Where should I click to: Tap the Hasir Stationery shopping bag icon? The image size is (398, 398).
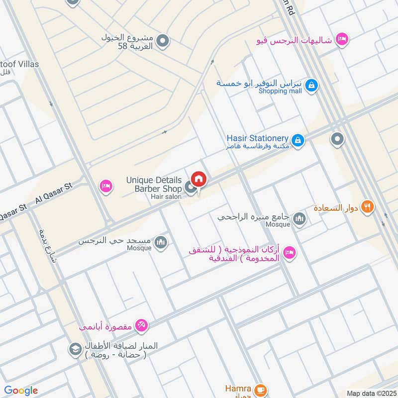pyautogui.click(x=298, y=141)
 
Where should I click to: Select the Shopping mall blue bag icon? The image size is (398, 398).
pyautogui.click(x=311, y=86)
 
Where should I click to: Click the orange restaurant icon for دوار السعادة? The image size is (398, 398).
pyautogui.click(x=367, y=206)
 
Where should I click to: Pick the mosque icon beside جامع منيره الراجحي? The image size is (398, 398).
pyautogui.click(x=299, y=219)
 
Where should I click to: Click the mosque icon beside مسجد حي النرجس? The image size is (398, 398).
pyautogui.click(x=161, y=242)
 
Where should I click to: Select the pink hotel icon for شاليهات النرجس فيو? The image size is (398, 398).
pyautogui.click(x=341, y=39)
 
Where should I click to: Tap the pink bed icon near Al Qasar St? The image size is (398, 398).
pyautogui.click(x=105, y=186)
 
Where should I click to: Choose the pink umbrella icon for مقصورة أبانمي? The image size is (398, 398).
pyautogui.click(x=141, y=325)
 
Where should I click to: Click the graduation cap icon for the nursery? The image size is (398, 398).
pyautogui.click(x=75, y=348)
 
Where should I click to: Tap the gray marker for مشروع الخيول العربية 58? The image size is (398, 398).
pyautogui.click(x=162, y=41)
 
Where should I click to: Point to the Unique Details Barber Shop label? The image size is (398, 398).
pyautogui.click(x=154, y=184)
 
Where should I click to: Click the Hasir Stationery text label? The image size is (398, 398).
pyautogui.click(x=257, y=138)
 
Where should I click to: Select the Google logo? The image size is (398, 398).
pyautogui.click(x=21, y=391)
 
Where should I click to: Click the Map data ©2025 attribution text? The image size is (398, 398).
pyautogui.click(x=370, y=394)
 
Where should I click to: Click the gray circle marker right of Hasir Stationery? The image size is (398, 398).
pyautogui.click(x=337, y=139)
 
